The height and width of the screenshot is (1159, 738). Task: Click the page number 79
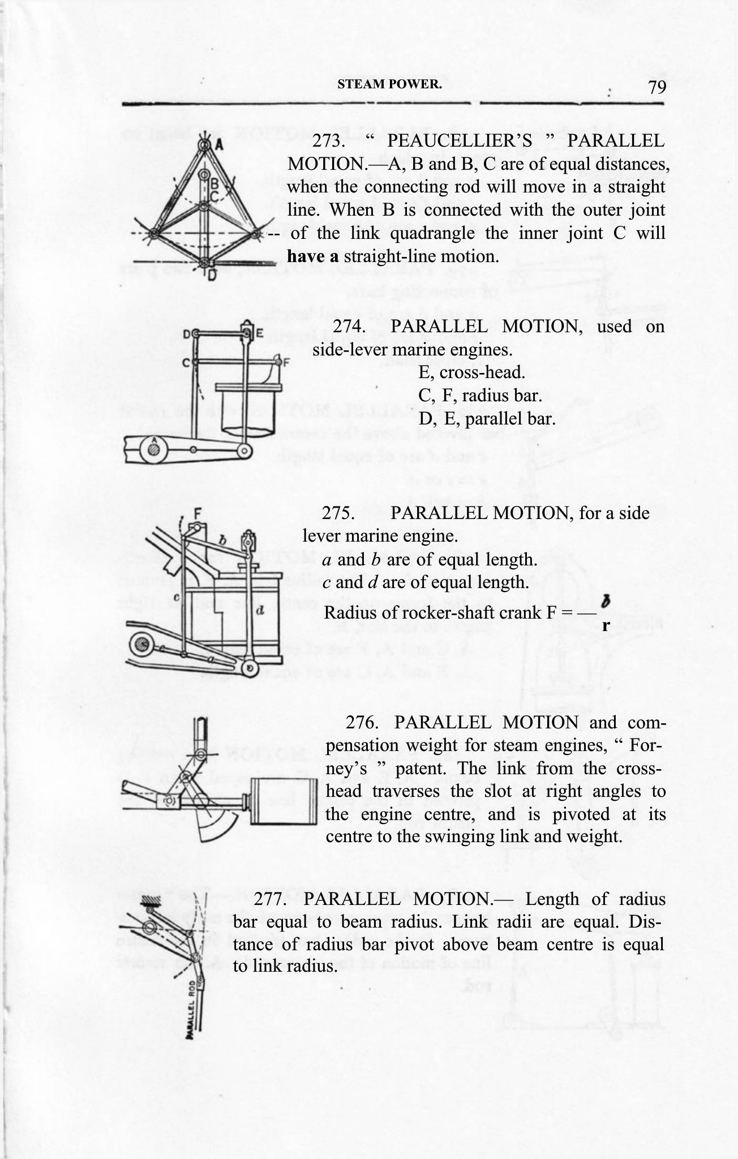pyautogui.click(x=657, y=87)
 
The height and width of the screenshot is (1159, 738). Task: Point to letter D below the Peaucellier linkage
pyautogui.click(x=211, y=276)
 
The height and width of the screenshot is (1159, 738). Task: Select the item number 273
pyautogui.click(x=329, y=141)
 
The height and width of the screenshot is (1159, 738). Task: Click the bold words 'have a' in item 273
pyautogui.click(x=312, y=256)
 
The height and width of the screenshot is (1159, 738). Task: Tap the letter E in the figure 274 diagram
pyautogui.click(x=260, y=334)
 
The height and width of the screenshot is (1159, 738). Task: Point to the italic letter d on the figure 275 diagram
pyautogui.click(x=260, y=611)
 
